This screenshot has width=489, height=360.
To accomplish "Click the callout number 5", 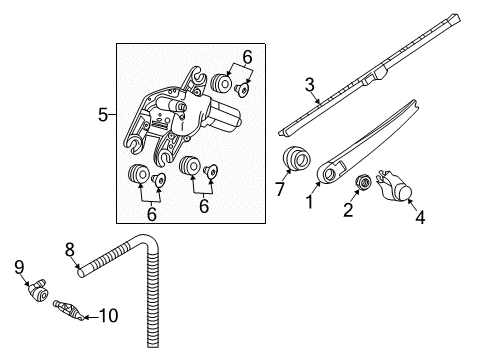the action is [103, 115].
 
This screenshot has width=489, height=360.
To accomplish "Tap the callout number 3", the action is [310, 85].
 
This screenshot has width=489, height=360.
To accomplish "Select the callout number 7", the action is [279, 189].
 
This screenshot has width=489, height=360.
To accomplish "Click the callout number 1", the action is [310, 202].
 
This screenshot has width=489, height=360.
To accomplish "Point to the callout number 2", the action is [348, 210].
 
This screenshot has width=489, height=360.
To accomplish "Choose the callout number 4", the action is [420, 217].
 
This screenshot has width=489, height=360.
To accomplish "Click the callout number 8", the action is [69, 249].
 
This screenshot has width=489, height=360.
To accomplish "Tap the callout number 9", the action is [19, 267].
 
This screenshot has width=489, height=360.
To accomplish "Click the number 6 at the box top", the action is [247, 57].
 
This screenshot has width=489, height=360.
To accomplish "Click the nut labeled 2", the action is [363, 182].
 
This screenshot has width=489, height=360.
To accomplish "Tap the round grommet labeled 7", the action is [296, 157].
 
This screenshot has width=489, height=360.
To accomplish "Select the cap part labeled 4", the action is [394, 186].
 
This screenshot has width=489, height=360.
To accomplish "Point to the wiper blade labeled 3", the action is [369, 75].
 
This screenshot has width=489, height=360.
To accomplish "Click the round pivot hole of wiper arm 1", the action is [330, 174].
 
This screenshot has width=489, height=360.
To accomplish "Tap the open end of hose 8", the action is [80, 273].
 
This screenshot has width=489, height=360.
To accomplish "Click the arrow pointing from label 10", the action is [90, 317].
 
